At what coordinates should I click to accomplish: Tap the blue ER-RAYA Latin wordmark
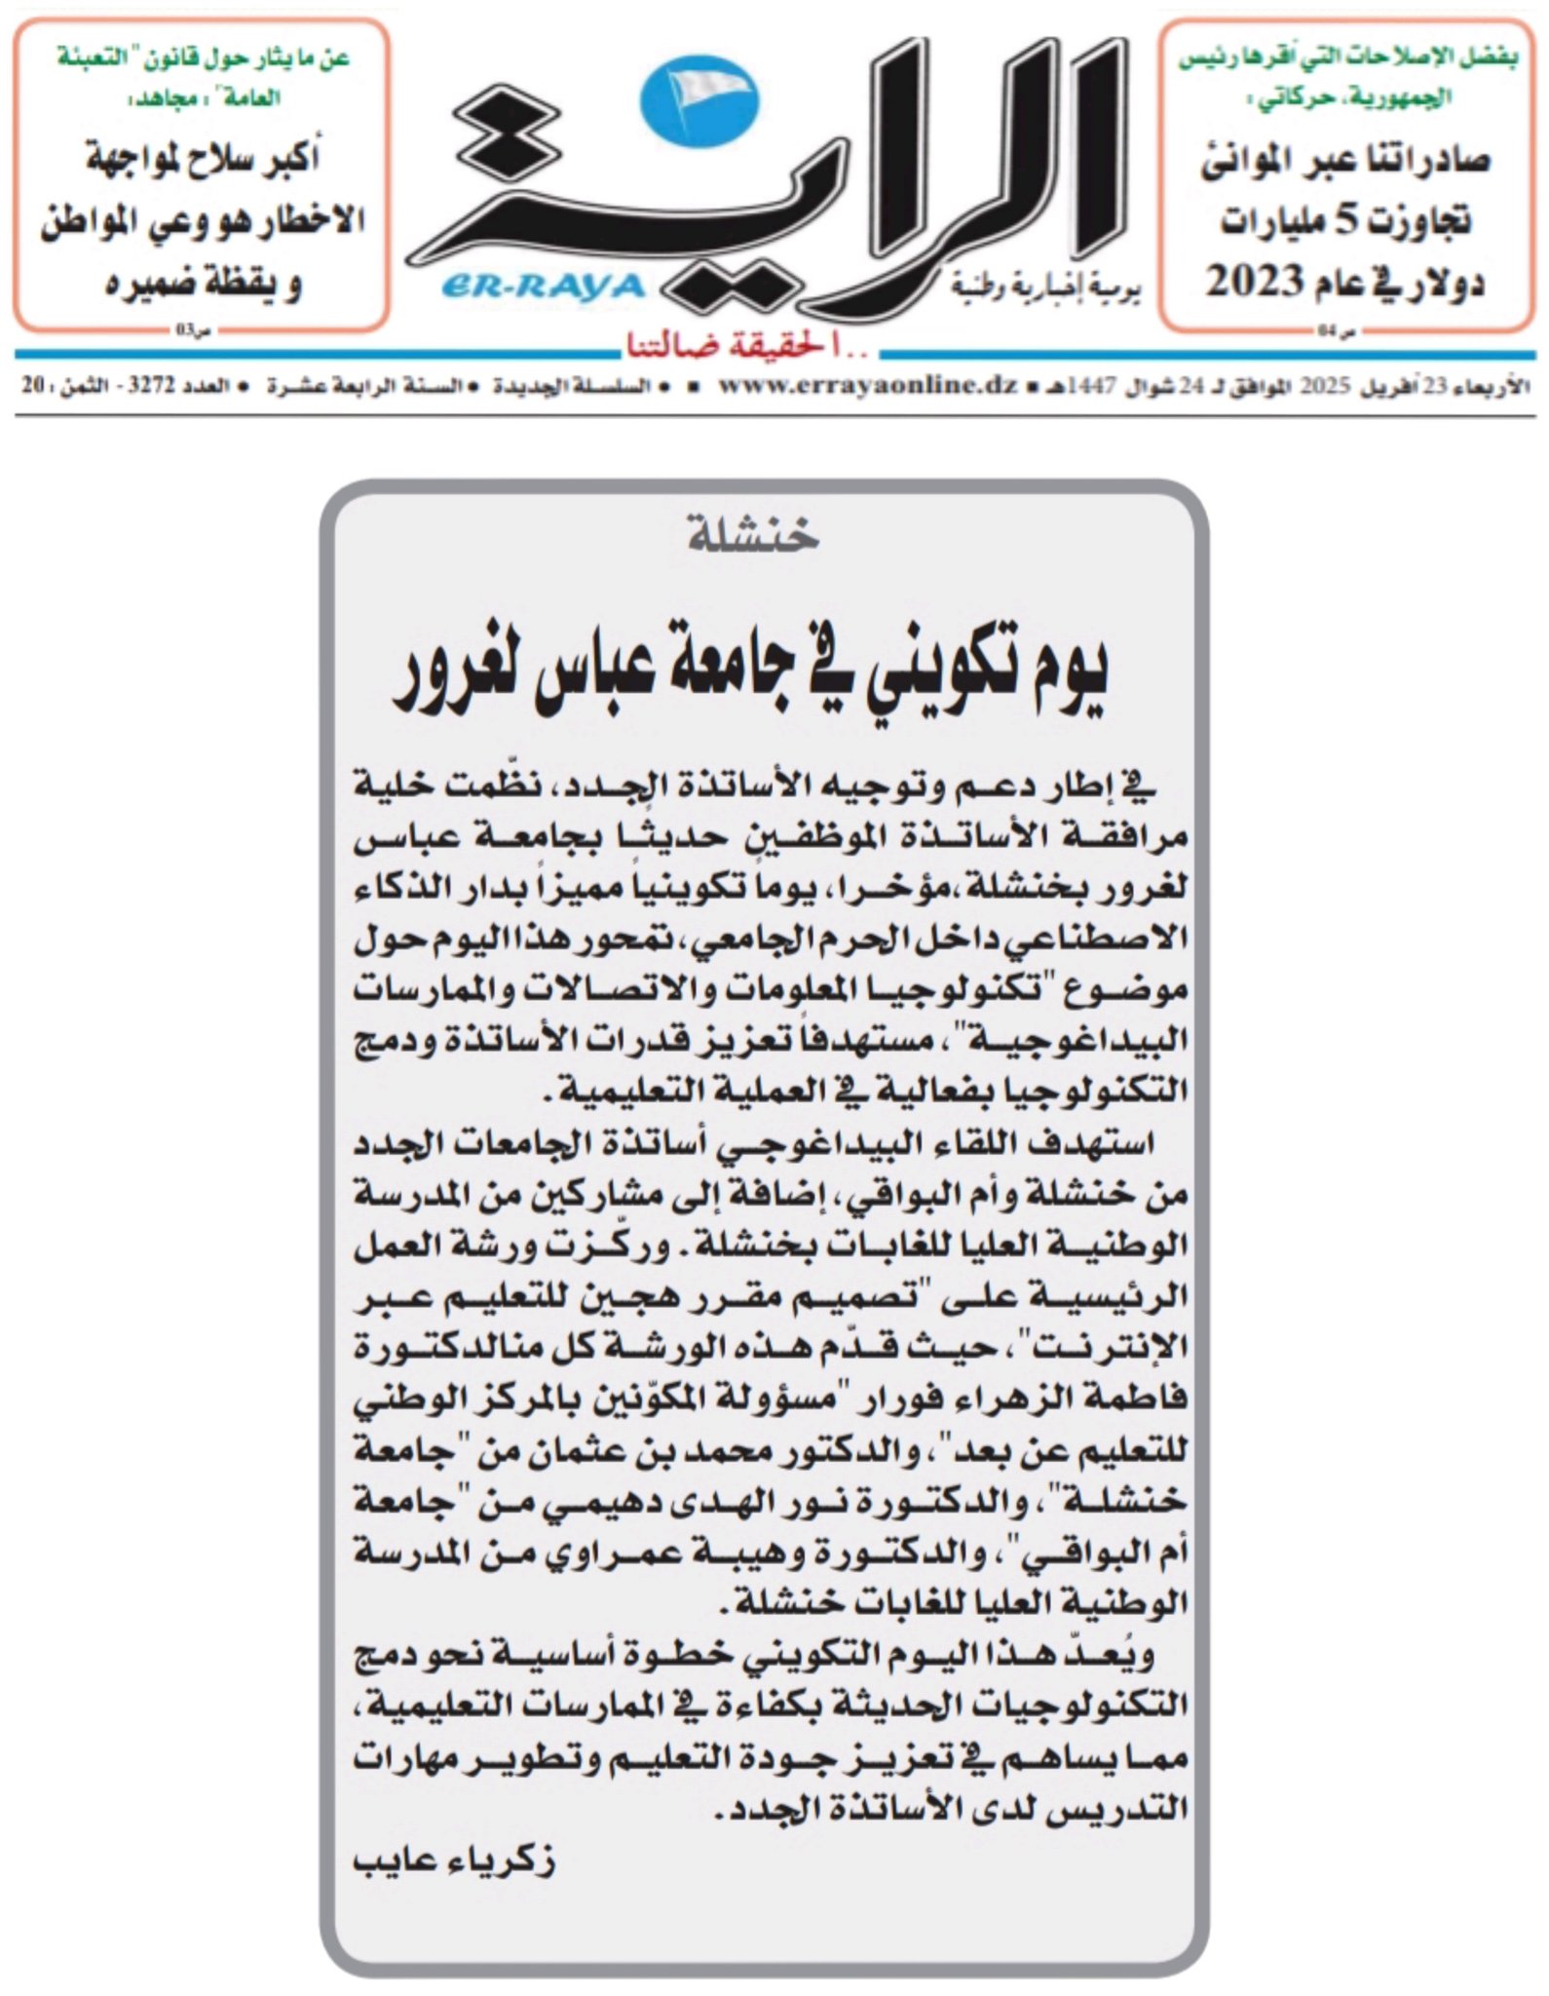point(544,286)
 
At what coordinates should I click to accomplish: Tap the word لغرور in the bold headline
point(458,677)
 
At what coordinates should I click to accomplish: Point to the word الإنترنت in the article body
point(1119,1349)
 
